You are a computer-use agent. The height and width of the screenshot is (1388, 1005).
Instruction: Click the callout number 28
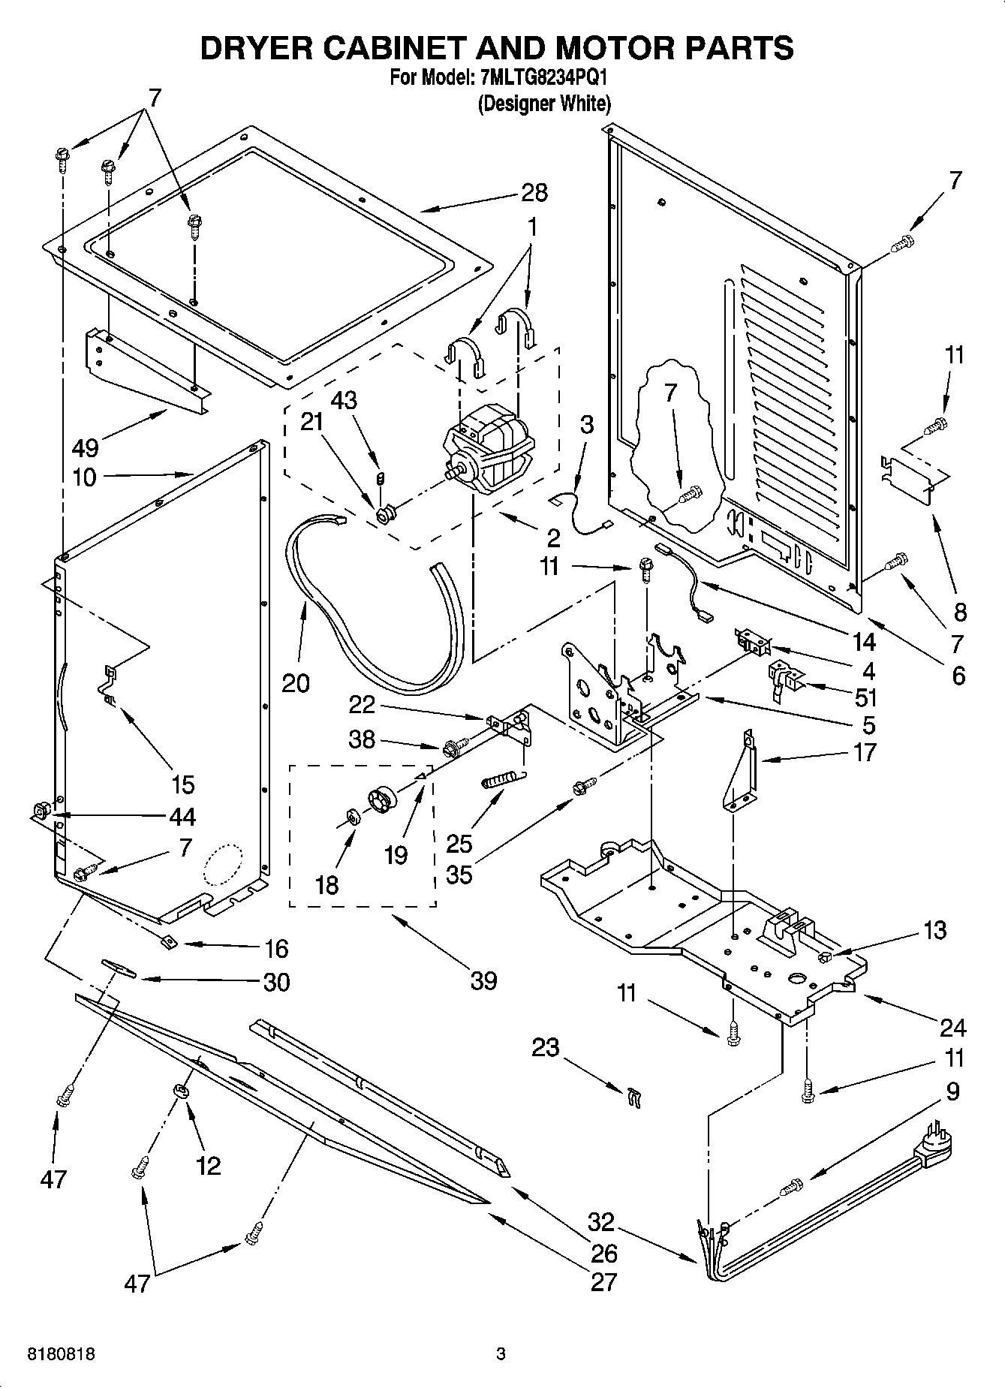tap(534, 193)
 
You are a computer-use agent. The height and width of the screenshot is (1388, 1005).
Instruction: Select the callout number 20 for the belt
tap(296, 683)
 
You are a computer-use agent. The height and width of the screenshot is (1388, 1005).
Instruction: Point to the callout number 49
tap(86, 449)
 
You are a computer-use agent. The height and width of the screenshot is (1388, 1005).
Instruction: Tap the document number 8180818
tap(61, 1354)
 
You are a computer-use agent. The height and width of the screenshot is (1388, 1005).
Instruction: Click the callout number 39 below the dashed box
tap(484, 980)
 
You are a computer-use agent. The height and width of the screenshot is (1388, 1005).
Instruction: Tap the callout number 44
tap(183, 817)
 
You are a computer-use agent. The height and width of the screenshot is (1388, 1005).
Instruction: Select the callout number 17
tap(865, 751)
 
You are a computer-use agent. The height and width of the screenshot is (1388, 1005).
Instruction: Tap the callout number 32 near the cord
tap(601, 1222)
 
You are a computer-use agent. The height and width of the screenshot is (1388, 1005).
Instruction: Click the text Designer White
tap(544, 104)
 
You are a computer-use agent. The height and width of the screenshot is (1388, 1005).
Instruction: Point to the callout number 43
tap(345, 400)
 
